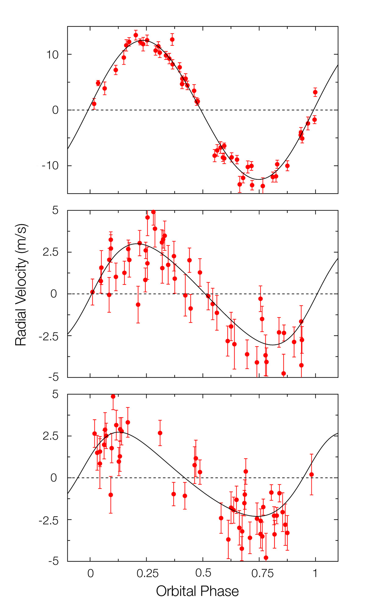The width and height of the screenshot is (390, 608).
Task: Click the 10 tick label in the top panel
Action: [52, 55]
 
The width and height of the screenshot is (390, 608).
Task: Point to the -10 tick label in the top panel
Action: [50, 166]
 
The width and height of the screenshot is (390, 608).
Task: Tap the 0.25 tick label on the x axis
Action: [147, 574]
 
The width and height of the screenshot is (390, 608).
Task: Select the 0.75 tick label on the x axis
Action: [262, 574]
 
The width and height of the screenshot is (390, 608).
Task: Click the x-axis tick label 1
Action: [315, 574]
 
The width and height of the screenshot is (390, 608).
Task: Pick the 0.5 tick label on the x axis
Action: [203, 574]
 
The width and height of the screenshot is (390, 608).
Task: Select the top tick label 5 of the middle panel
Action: [55, 210]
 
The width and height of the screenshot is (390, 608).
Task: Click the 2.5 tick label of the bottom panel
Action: [50, 436]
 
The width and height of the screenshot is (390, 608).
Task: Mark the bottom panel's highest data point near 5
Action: [113, 396]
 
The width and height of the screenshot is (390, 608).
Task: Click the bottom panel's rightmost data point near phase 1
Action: [311, 475]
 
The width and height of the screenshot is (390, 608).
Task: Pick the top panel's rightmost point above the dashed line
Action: [315, 92]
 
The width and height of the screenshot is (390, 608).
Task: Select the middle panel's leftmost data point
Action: [92, 292]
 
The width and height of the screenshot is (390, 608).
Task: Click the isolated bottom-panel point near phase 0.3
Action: [160, 433]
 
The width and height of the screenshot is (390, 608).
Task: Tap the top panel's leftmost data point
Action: [94, 104]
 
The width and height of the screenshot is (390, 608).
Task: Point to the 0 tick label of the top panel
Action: [55, 110]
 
